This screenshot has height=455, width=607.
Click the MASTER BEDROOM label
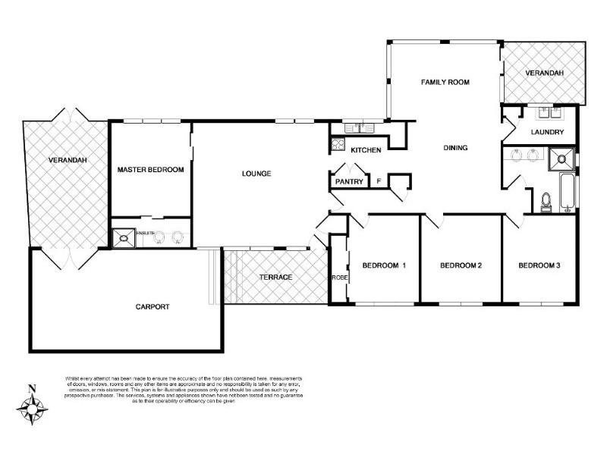pos(150,170)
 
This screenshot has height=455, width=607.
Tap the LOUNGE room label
pos(256,174)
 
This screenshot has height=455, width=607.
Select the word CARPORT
pos(152,307)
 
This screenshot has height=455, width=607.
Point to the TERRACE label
pos(275,277)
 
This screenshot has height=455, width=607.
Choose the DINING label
pos(455,148)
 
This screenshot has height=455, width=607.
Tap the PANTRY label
pos(349,182)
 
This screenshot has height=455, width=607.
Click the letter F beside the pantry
pos(379,182)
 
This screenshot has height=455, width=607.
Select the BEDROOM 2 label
pos(461,265)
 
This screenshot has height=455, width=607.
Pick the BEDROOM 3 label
pos(539,265)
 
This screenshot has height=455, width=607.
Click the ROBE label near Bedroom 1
pos(338,278)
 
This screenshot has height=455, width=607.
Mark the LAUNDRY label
pos(547,132)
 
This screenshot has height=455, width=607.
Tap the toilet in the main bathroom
pos(546,202)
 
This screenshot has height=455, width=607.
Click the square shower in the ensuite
pos(123,238)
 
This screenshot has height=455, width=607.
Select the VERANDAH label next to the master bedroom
pos(66,160)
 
